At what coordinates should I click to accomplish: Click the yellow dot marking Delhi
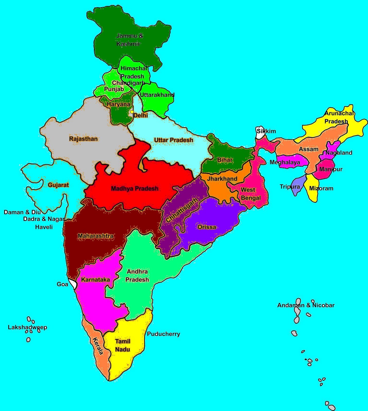point(132,112)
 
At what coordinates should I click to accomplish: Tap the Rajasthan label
point(83,139)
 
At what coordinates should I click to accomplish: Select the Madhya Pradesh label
point(135,189)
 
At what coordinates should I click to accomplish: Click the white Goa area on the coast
point(73,284)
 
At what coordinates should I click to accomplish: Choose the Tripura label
point(290,187)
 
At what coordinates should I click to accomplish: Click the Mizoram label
point(321,188)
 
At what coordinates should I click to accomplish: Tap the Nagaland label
point(339,153)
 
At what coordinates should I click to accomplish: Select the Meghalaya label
point(285,162)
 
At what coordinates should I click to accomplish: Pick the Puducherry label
point(163,334)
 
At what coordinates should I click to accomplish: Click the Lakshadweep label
point(27,327)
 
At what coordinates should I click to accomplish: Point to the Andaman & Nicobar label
point(306,305)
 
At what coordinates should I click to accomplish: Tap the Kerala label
point(98,346)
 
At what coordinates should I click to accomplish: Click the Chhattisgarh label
point(182,210)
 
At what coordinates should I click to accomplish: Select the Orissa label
point(207,227)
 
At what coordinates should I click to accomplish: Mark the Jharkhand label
point(222,179)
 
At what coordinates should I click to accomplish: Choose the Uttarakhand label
point(157,95)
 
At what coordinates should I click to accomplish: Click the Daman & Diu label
point(22,212)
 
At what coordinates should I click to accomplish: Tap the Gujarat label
point(58,185)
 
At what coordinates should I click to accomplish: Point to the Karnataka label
point(95,279)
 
